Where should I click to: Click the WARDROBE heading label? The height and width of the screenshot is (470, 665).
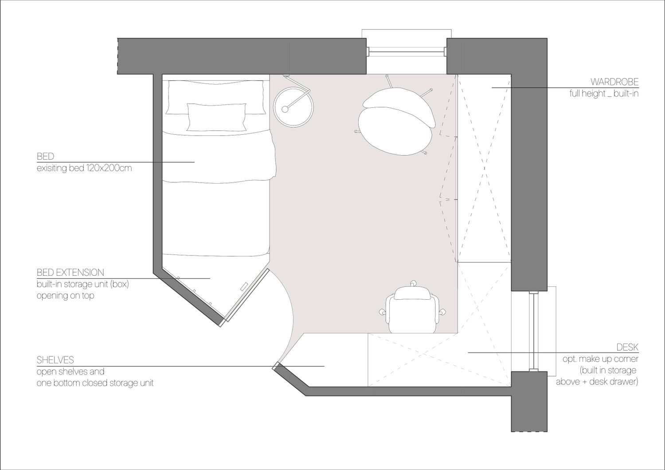pos(614,82)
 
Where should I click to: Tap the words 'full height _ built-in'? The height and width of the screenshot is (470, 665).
pos(604,94)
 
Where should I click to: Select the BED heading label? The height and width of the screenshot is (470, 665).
pos(45,156)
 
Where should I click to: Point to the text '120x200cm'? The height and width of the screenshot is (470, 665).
pos(109,168)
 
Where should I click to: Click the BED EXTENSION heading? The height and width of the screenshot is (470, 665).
pos(70,272)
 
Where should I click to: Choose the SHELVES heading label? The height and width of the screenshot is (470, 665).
pos(55,360)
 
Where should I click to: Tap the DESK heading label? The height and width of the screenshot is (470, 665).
pos(627,347)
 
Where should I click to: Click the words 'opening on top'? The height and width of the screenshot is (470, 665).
pos(65,296)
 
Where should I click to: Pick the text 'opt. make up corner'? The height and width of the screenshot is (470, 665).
pos(601,359)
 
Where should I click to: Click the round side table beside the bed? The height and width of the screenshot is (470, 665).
pos(293,107)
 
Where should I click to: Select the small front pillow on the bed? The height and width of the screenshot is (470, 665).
pos(216,117)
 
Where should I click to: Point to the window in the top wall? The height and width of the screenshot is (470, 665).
pos(407,51)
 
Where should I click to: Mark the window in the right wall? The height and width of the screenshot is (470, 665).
pos(533,331)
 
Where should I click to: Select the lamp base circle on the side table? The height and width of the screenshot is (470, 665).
pos(285,109)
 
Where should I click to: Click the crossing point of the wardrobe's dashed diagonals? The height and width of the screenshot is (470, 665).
pos(485,168)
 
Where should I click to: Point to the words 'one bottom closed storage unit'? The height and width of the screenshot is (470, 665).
pos(95,383)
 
